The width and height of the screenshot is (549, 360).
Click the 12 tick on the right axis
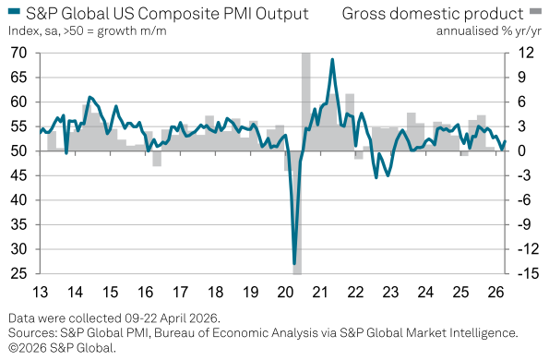click(x=523, y=54)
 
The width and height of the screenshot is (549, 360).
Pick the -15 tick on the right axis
click(x=524, y=274)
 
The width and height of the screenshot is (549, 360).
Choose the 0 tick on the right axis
click(x=521, y=151)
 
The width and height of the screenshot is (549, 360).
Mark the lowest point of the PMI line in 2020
click(x=294, y=264)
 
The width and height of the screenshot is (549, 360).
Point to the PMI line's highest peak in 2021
click(x=331, y=60)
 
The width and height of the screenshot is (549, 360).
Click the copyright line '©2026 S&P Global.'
click(x=63, y=347)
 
